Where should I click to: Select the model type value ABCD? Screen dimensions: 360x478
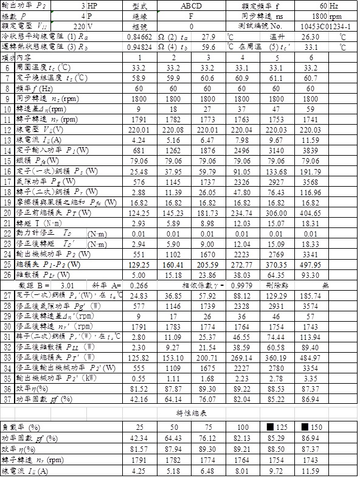(x=192, y=5)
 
